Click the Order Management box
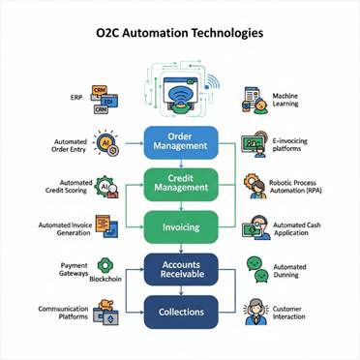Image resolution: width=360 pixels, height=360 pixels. pyautogui.click(x=181, y=140)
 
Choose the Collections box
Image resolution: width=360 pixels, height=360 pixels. pyautogui.click(x=181, y=311)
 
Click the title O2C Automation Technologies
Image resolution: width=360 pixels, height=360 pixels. pyautogui.click(x=180, y=33)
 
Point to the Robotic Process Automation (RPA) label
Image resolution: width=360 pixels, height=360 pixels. pyautogui.click(x=297, y=186)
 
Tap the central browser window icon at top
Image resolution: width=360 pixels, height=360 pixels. pyautogui.click(x=180, y=93)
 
